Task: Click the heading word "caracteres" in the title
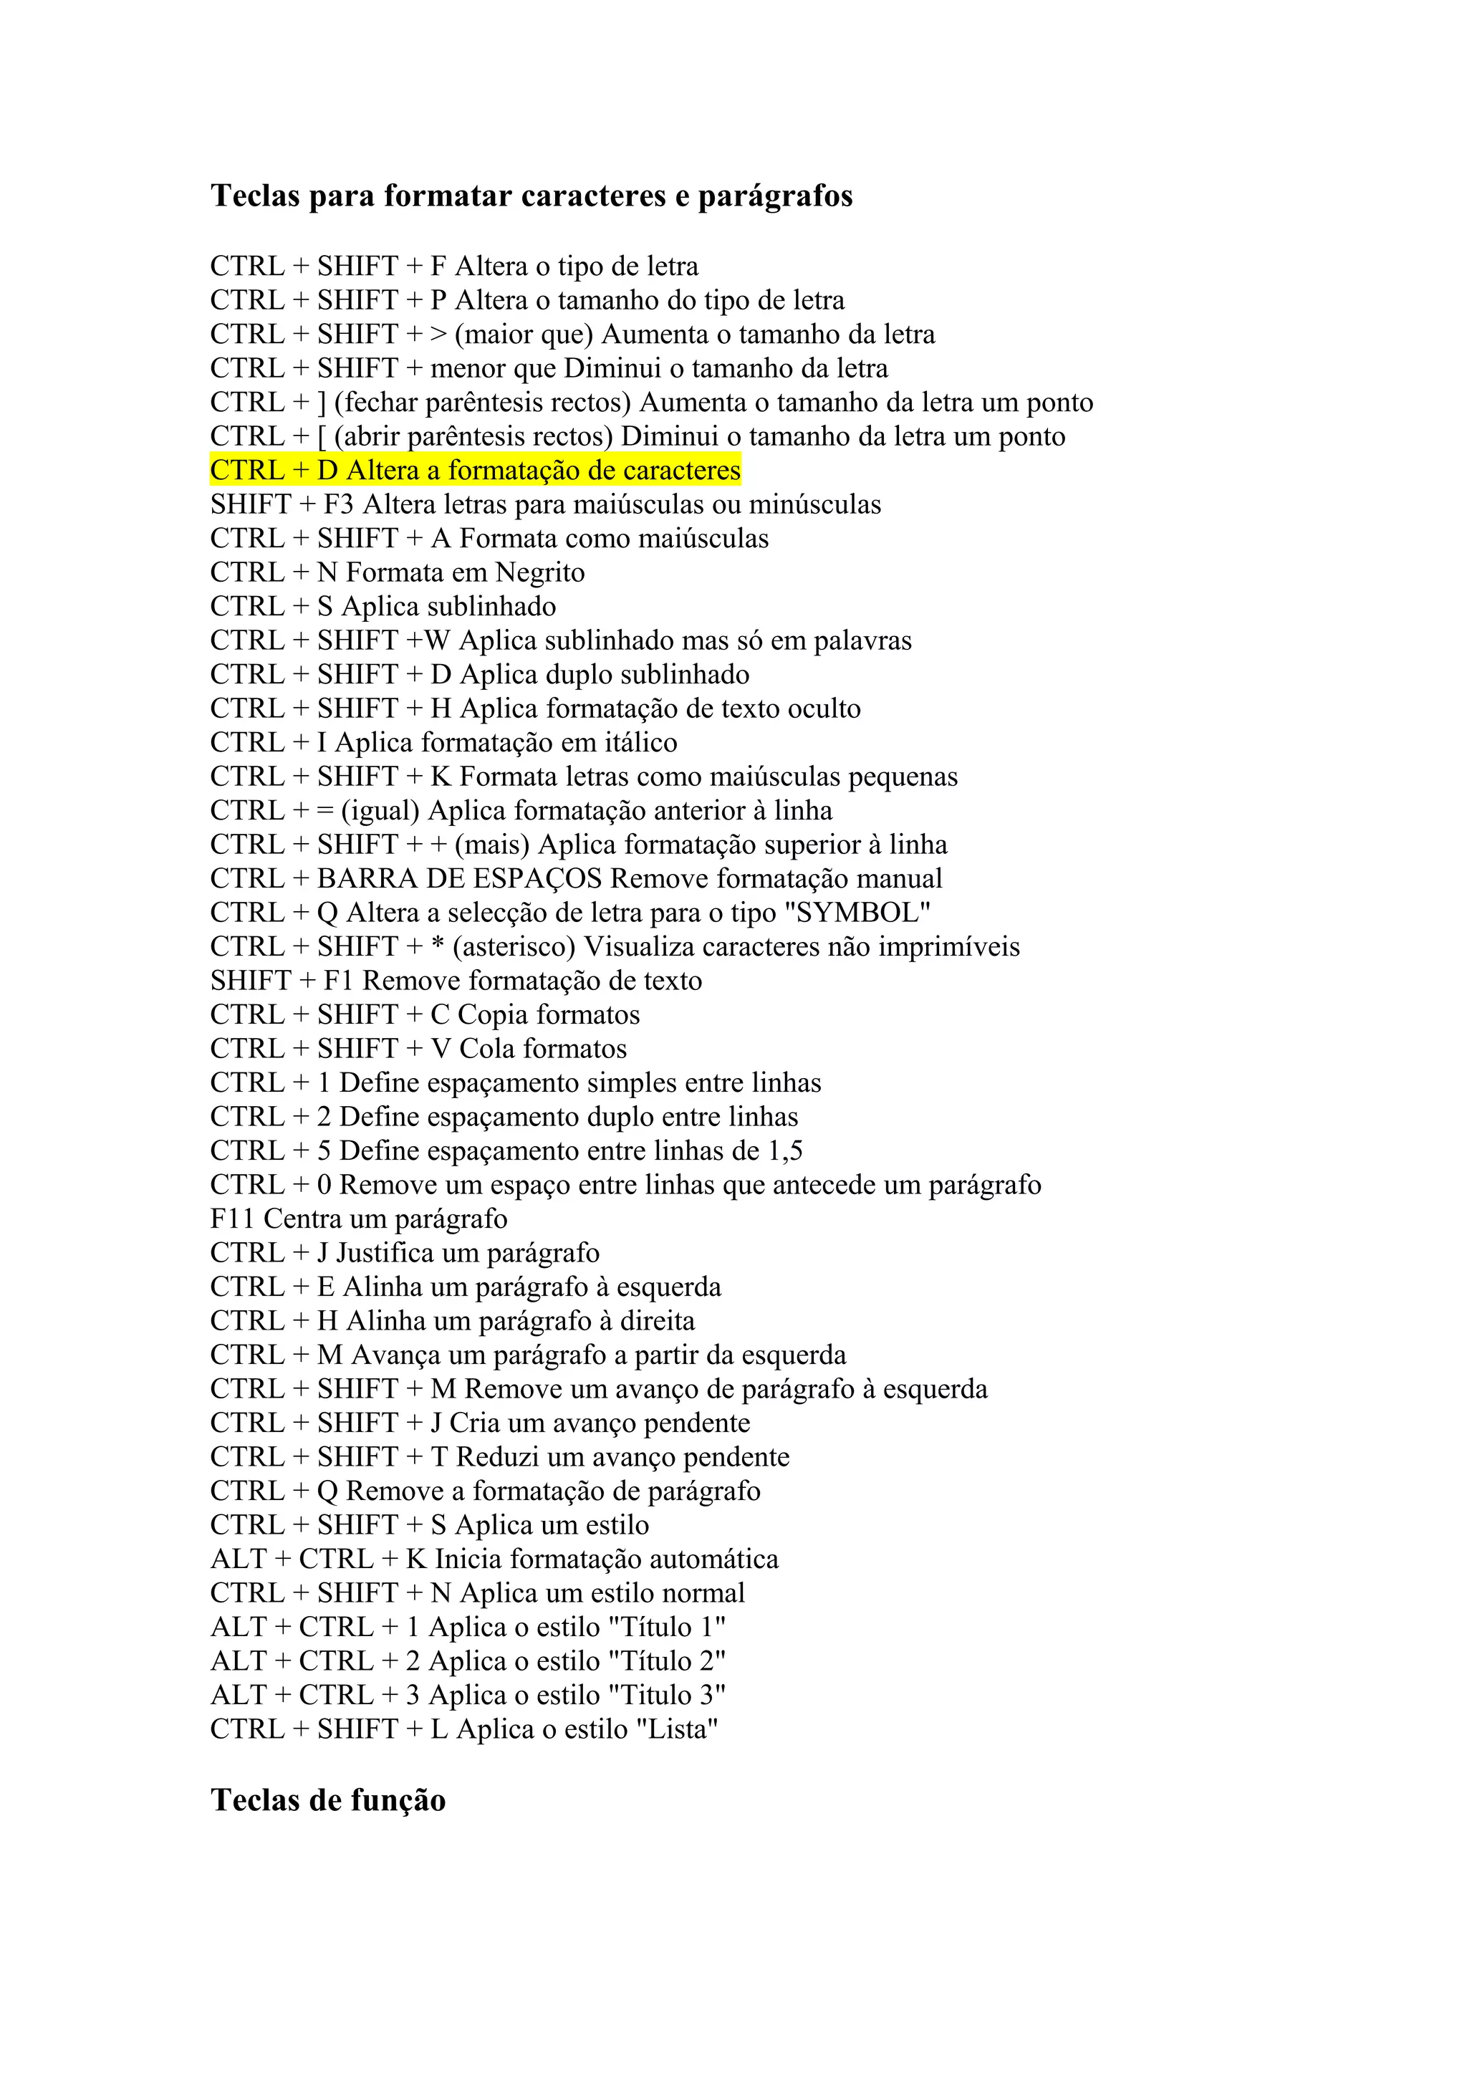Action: point(594,196)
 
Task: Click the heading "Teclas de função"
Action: point(328,1800)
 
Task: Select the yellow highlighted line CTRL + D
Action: point(476,470)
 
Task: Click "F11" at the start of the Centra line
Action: point(232,1219)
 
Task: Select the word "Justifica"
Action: point(385,1253)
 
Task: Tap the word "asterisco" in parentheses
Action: point(514,947)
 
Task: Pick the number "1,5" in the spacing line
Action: point(784,1151)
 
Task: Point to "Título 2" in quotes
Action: point(668,1661)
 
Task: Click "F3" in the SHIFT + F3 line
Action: point(338,504)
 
